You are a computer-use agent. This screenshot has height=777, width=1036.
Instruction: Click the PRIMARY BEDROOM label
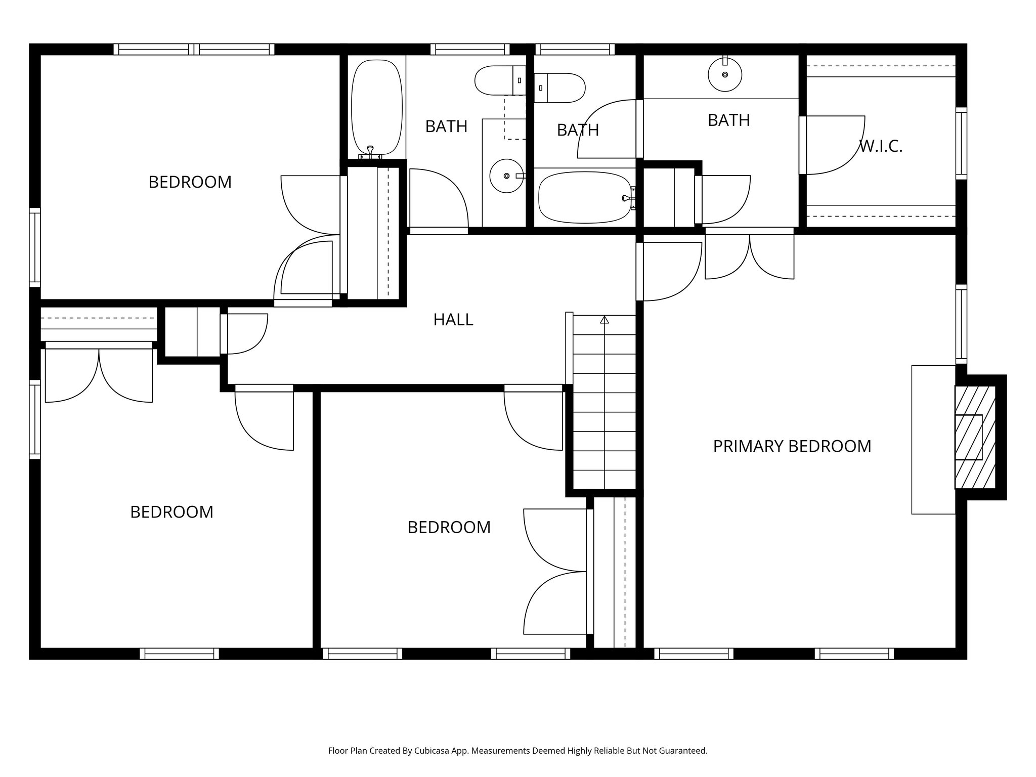click(x=792, y=446)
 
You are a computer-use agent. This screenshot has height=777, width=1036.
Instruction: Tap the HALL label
click(x=453, y=320)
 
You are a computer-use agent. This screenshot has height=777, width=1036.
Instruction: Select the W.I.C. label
click(x=881, y=147)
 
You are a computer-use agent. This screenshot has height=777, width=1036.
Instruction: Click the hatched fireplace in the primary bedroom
click(x=975, y=437)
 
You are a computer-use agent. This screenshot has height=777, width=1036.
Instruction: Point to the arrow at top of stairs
click(x=604, y=320)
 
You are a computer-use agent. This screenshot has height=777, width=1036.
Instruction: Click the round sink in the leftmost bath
click(x=506, y=176)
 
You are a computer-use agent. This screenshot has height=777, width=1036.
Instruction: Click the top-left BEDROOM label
click(x=190, y=182)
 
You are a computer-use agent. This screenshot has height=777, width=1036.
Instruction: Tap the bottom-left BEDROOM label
click(x=171, y=512)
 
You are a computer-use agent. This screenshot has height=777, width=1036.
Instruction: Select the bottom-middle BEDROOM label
click(x=449, y=528)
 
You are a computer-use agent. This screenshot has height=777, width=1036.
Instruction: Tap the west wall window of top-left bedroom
click(x=34, y=247)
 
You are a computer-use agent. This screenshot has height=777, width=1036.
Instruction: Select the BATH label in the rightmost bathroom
click(x=728, y=120)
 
